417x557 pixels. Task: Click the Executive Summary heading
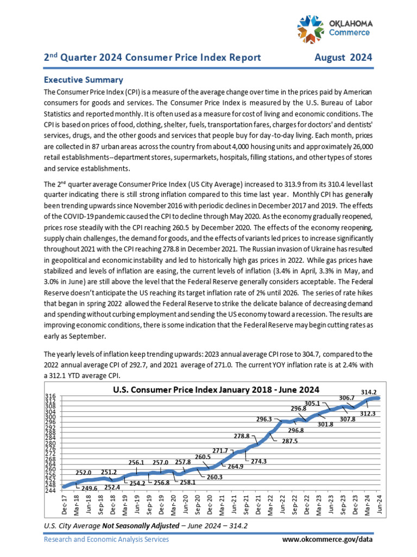(x=83, y=79)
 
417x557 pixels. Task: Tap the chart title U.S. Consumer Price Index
(x=216, y=389)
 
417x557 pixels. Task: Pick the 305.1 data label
(x=312, y=403)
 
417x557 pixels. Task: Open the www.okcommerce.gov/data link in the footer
(x=328, y=539)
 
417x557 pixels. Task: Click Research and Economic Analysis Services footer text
(x=106, y=539)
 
